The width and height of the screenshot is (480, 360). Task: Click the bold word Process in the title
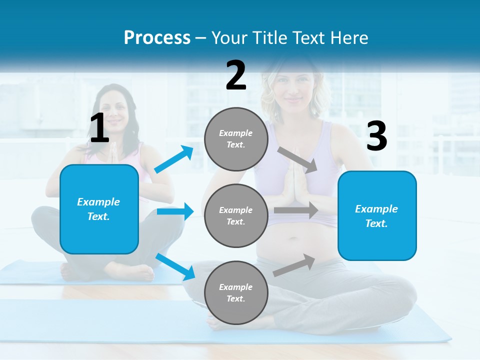pyautogui.click(x=157, y=38)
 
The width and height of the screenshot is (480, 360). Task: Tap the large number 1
pyautogui.click(x=99, y=128)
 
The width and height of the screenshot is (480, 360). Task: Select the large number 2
pyautogui.click(x=236, y=75)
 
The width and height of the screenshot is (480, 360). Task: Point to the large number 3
pyautogui.click(x=376, y=136)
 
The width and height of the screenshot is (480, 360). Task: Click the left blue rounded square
pyautogui.click(x=99, y=209)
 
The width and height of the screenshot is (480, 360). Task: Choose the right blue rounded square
pyautogui.click(x=377, y=215)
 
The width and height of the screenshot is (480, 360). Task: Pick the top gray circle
pyautogui.click(x=236, y=139)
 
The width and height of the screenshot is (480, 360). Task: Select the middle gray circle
pyautogui.click(x=236, y=215)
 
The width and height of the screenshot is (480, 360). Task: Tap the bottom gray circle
pyautogui.click(x=236, y=292)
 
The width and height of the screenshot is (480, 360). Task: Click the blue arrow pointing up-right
pyautogui.click(x=174, y=159)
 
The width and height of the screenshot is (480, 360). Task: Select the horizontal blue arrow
pyautogui.click(x=175, y=212)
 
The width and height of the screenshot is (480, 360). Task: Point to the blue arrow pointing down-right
pyautogui.click(x=175, y=266)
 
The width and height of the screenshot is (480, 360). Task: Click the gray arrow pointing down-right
pyautogui.click(x=297, y=159)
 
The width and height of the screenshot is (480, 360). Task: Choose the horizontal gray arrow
pyautogui.click(x=295, y=210)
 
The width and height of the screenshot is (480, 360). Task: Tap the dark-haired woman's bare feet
pyautogui.click(x=107, y=271)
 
